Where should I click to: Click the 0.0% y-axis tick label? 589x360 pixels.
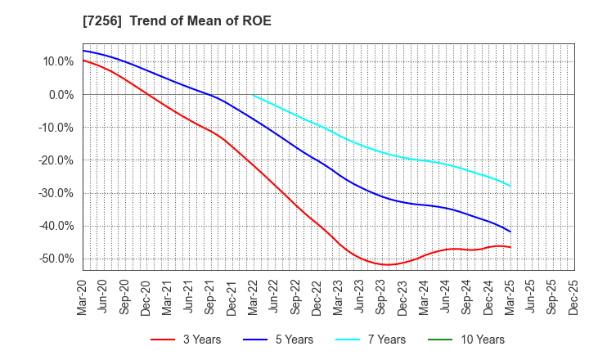(61, 95)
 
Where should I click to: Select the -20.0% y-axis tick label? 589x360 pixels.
(56, 160)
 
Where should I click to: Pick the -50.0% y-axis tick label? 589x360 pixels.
(56, 259)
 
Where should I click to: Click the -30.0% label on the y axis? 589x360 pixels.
(56, 193)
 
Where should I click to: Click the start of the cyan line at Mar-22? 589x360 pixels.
(254, 96)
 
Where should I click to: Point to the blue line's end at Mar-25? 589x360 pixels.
(510, 232)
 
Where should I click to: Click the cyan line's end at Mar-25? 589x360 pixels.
(510, 186)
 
